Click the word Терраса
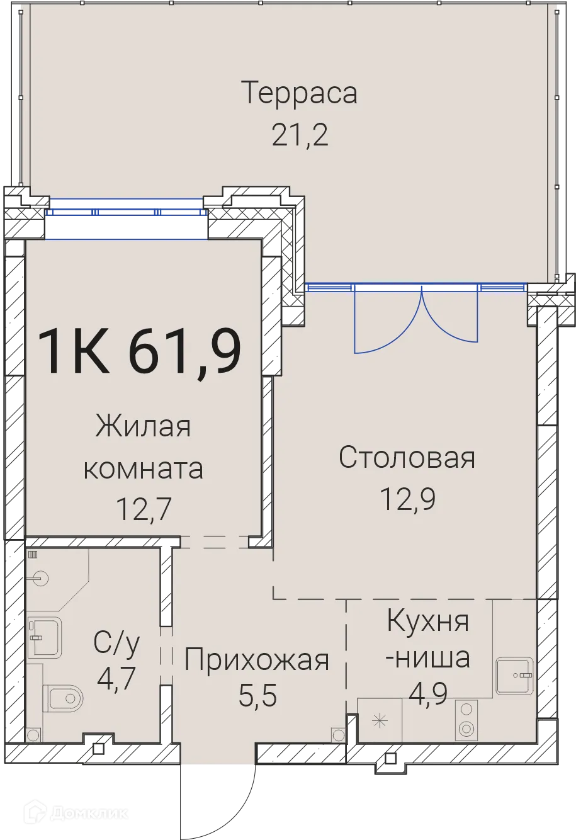coord(299,93)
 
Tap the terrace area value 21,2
coord(300,134)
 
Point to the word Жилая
coord(143,427)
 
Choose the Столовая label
coord(407,458)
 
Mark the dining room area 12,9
coord(408,499)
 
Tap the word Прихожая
coord(257,660)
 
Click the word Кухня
coord(428,621)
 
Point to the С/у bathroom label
coord(117,643)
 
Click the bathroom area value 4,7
coord(117,679)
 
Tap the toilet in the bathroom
coord(64,698)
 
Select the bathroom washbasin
coord(43,637)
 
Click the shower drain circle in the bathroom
coord(40,578)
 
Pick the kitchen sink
coord(515,676)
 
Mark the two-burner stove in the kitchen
coord(466,720)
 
